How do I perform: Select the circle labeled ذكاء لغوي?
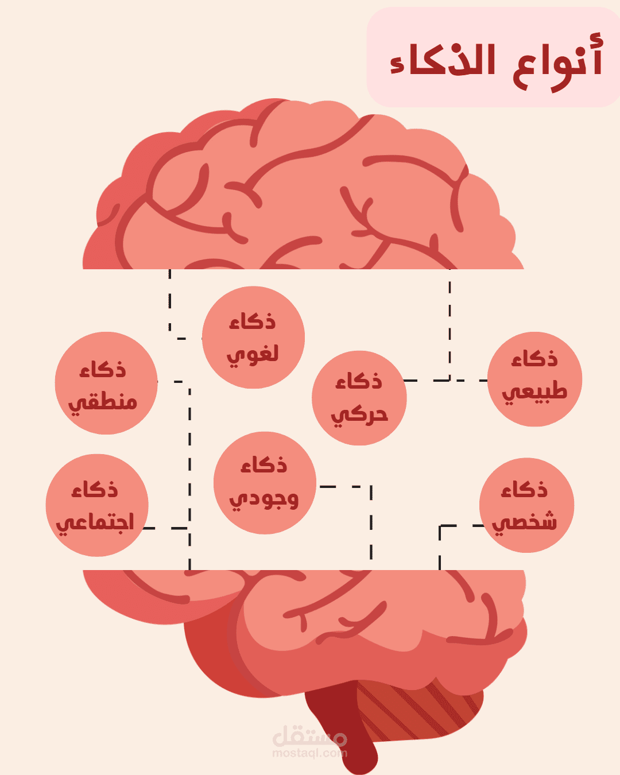point(253,338)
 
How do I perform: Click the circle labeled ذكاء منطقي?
point(106,383)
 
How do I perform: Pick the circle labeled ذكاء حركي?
point(359,398)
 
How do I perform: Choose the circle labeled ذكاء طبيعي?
point(535,379)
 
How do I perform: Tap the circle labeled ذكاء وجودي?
point(265,483)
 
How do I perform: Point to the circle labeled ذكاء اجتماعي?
point(97,505)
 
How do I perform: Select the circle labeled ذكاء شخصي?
point(526,505)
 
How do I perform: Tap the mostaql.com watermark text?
point(310,753)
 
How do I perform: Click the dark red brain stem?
point(344,729)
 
